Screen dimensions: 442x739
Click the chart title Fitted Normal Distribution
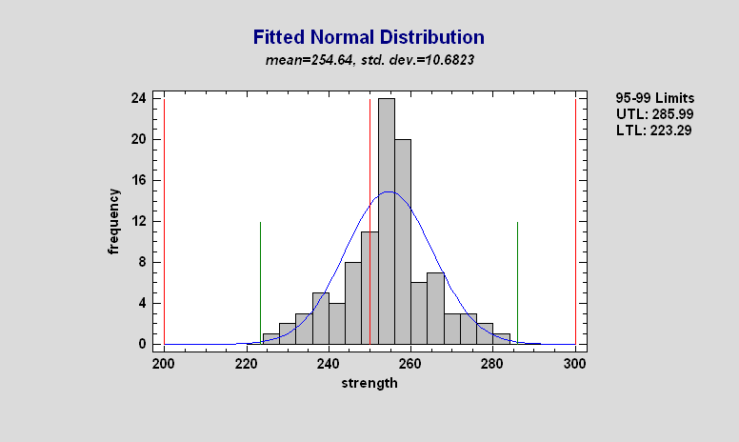coord(369,38)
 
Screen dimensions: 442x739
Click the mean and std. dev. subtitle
coord(369,59)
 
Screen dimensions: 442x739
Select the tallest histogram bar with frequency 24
coord(386,219)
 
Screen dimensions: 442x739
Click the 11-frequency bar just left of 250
coord(369,286)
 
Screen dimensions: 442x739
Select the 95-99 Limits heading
coord(655,97)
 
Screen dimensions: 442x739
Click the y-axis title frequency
coord(114,221)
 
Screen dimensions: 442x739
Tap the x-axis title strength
coord(369,384)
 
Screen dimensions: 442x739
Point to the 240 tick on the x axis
coord(329,363)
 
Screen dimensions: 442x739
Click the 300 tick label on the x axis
coord(574,363)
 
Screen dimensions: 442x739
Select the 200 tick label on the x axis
coord(164,363)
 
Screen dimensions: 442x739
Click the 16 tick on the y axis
coord(138,180)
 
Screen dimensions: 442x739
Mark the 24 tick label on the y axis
coord(138,98)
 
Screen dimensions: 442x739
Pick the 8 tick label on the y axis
coord(142,262)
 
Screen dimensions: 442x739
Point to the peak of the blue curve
coord(389,191)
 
